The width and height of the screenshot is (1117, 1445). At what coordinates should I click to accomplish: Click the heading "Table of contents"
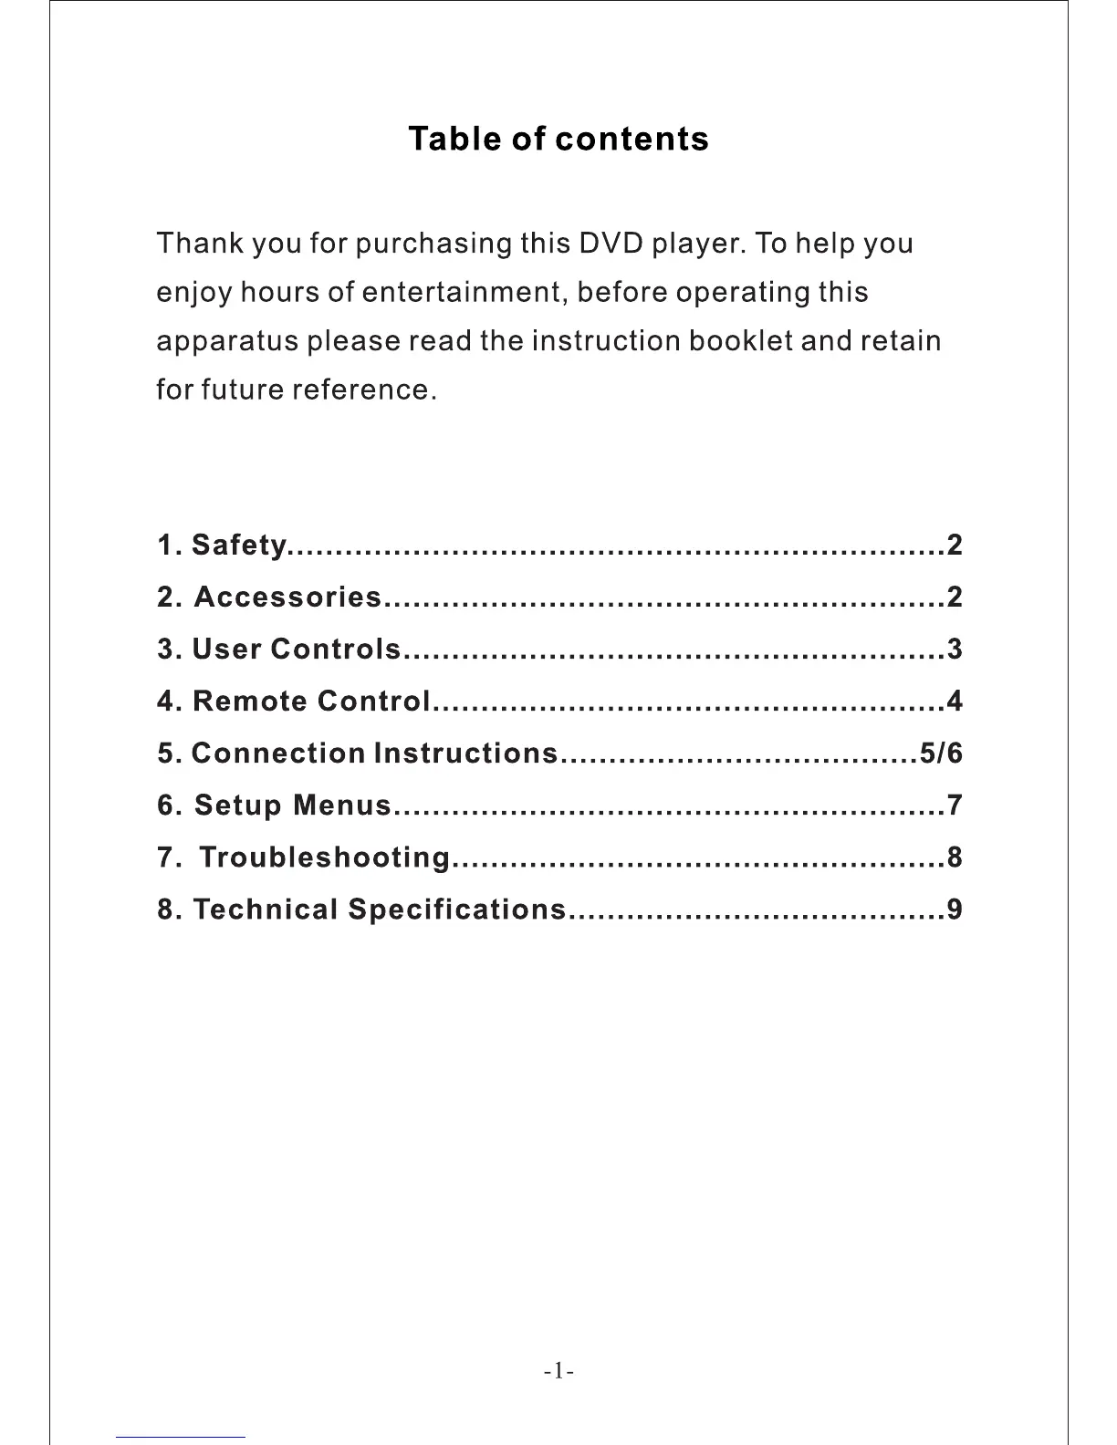pos(558,139)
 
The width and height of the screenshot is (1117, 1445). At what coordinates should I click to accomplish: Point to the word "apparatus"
pos(227,342)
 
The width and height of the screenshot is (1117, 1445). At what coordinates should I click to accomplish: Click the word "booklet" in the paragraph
pos(740,340)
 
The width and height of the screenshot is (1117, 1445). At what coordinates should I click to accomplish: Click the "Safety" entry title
pos(240,546)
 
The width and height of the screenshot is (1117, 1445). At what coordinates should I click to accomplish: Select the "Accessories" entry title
pos(287,598)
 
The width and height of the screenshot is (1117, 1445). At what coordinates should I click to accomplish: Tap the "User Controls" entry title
pos(297,650)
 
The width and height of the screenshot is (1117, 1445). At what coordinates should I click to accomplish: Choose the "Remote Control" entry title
pos(311,702)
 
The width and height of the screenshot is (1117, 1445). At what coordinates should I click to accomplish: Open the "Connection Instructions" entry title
pos(374,754)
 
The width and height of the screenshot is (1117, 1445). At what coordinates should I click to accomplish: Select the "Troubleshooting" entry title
pos(324,858)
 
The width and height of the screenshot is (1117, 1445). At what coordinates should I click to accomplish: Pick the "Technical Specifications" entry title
pos(380,910)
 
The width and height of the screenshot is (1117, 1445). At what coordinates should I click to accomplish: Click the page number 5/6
pos(941,754)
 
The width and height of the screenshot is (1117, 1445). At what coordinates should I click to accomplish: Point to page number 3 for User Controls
pos(955,650)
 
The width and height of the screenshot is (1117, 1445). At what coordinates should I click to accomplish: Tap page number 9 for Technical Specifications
pos(955,910)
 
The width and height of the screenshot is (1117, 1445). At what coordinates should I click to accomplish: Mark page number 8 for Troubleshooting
pos(955,858)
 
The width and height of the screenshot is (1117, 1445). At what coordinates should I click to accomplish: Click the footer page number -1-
pos(558,1370)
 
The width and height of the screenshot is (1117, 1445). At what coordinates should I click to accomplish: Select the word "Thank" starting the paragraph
pos(199,244)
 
